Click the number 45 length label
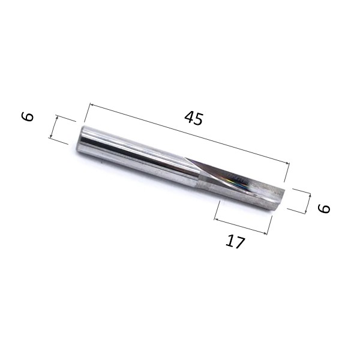(x=193, y=118)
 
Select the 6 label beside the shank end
(x=28, y=116)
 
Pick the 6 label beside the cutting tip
(x=324, y=208)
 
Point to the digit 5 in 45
(x=198, y=120)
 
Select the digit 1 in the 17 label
(x=230, y=240)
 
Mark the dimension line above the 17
(x=242, y=225)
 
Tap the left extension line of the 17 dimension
(x=218, y=209)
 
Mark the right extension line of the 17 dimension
(x=270, y=226)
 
